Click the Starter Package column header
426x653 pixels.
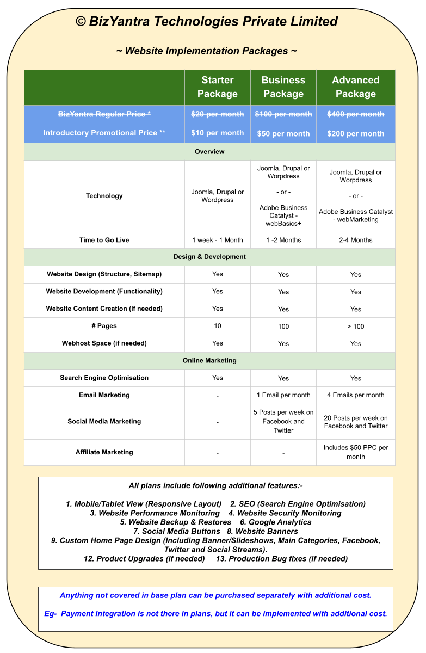pos(218,87)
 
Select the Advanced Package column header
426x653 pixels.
pos(356,87)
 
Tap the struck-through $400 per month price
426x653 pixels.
pos(356,114)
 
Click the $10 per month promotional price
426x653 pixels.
pos(218,133)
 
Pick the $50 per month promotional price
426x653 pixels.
pos(283,133)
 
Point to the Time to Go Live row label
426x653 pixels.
pos(104,240)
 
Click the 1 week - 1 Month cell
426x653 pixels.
pos(218,240)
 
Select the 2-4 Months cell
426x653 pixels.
pos(356,240)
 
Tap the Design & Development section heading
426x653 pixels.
pos(209,257)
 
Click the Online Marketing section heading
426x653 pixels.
pos(209,360)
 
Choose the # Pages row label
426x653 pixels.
pos(104,326)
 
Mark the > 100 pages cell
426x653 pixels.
pos(356,326)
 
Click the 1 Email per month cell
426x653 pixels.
pos(283,395)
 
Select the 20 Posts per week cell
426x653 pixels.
pos(356,422)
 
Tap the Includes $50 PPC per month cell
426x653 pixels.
pos(356,452)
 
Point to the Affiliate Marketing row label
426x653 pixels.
pos(104,452)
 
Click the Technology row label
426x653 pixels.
pos(104,196)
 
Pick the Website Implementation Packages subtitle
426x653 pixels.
pos(207,51)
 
